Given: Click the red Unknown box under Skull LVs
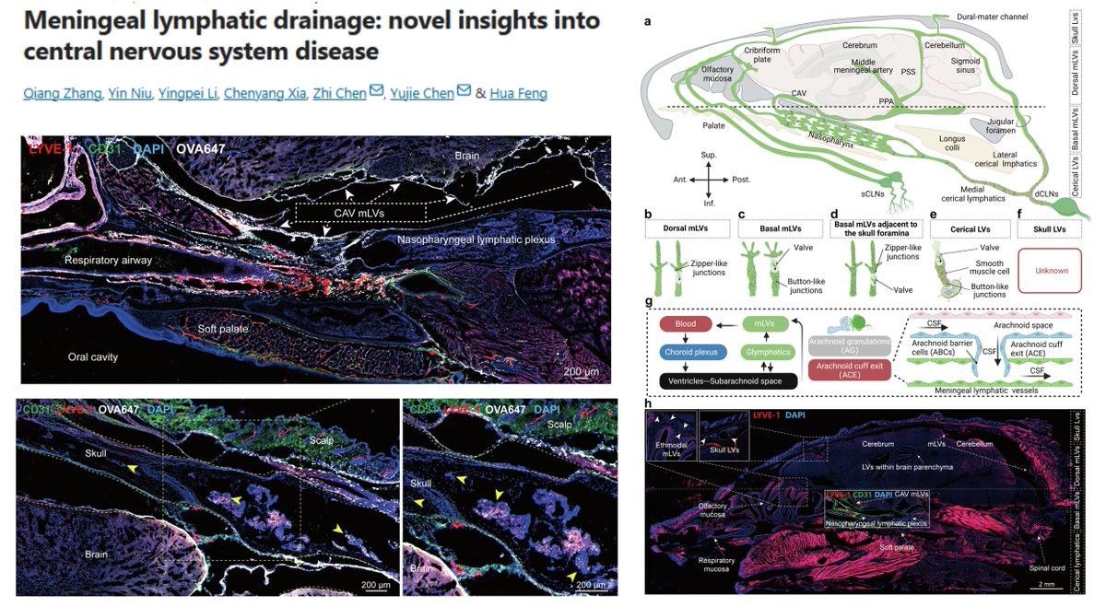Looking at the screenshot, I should [x=1052, y=271].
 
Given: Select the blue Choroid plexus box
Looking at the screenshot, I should [x=700, y=352].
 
